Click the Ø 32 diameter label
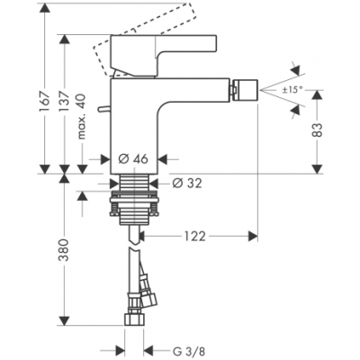(x=184, y=183)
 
